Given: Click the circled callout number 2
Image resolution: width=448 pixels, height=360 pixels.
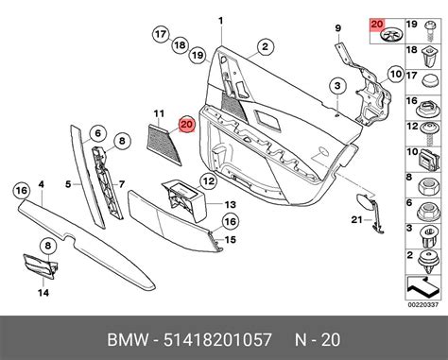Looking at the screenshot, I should [266, 45].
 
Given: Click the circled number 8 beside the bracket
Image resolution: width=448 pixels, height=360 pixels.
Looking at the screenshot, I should [121, 142].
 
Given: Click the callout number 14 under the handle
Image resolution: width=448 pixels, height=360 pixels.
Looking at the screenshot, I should [42, 293].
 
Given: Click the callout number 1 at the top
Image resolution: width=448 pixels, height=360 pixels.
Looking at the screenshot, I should [221, 21].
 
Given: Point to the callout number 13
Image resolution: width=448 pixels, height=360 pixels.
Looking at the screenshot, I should [229, 204].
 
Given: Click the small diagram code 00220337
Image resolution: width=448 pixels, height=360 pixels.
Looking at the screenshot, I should [423, 303].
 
